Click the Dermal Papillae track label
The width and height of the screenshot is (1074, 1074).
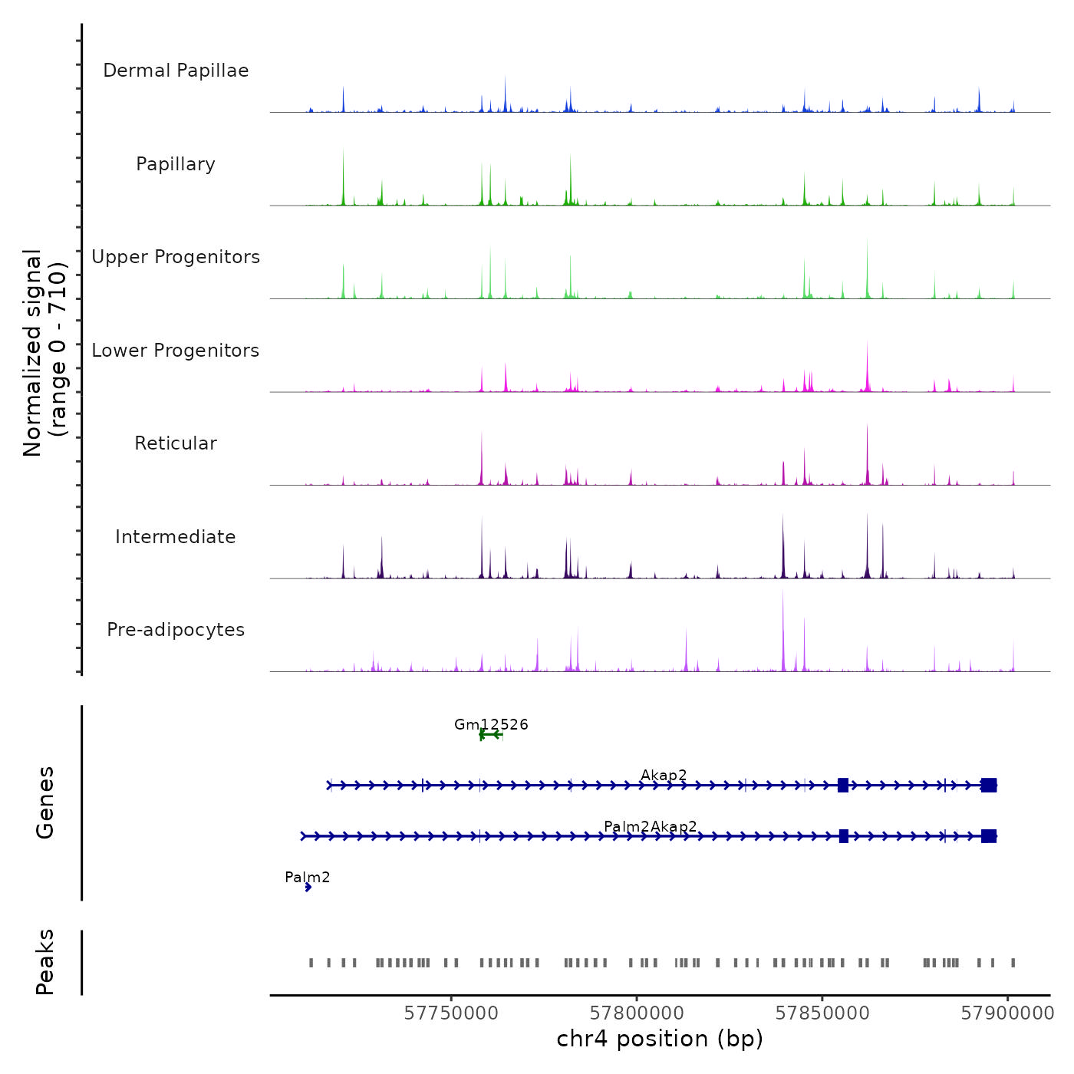click(x=176, y=71)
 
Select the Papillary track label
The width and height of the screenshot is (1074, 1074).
click(x=176, y=164)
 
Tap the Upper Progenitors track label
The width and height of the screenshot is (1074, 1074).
click(x=176, y=257)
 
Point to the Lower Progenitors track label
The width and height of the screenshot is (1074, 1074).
click(x=176, y=351)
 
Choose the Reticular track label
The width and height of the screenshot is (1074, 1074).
click(x=176, y=443)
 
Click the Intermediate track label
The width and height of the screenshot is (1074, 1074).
click(x=176, y=537)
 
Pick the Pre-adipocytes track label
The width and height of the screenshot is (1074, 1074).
click(x=176, y=630)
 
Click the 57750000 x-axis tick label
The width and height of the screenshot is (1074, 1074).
click(x=451, y=1013)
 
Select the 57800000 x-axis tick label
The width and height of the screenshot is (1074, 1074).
click(x=637, y=1013)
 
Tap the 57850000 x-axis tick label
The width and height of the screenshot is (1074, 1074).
click(x=822, y=1013)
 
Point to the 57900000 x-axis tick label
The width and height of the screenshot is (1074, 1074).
click(x=1007, y=1013)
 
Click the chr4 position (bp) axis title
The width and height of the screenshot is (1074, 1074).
click(x=660, y=1039)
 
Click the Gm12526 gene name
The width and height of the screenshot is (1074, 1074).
click(x=491, y=724)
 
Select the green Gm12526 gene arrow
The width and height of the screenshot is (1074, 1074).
click(x=491, y=735)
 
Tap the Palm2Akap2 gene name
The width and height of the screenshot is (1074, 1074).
click(x=651, y=826)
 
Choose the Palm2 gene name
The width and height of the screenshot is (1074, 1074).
click(x=307, y=877)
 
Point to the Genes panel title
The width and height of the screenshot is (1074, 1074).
click(x=45, y=802)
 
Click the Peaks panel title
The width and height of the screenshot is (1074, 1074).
click(x=45, y=962)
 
